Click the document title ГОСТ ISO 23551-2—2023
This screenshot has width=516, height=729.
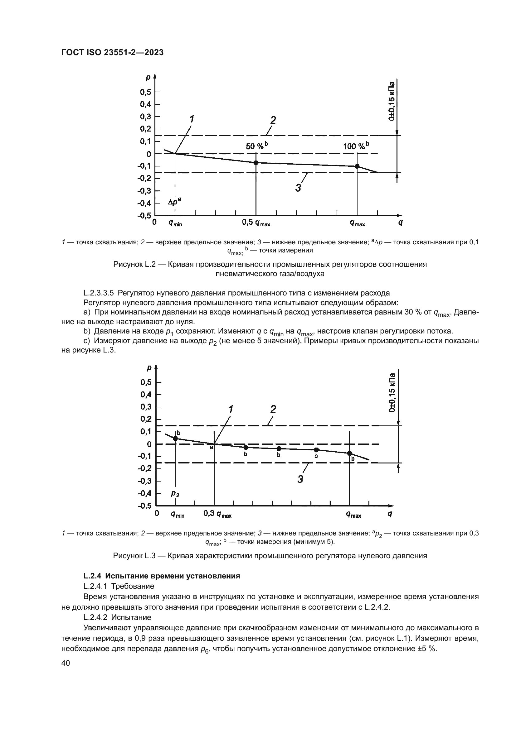[x=112, y=53]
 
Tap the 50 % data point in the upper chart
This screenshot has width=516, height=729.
[x=256, y=163]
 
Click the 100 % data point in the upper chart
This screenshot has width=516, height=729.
[x=357, y=166]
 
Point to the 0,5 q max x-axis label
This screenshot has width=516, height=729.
[x=256, y=223]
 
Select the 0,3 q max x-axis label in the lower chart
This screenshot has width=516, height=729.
[x=217, y=514]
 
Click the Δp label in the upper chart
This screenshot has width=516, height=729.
[x=175, y=202]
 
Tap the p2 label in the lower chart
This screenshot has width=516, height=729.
[x=175, y=493]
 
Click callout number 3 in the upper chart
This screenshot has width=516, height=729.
[x=298, y=188]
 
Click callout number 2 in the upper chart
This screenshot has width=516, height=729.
[x=273, y=120]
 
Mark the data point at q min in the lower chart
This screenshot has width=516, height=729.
[x=175, y=439]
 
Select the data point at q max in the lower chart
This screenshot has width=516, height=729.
[x=349, y=453]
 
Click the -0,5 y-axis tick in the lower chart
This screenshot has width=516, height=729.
[x=144, y=506]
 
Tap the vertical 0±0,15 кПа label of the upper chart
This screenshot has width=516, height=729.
[x=392, y=102]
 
